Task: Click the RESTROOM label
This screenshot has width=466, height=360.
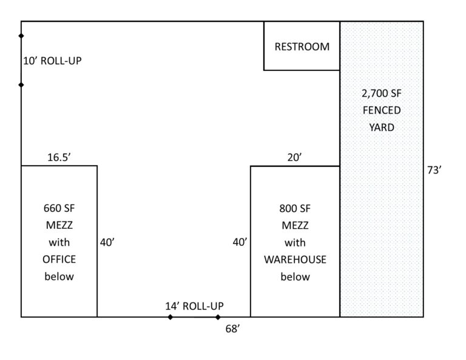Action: point(302,47)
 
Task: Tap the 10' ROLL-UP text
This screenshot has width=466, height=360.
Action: point(52,61)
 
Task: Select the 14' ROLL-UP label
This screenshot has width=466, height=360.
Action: point(194,306)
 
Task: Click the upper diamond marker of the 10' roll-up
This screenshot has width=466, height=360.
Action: point(21,36)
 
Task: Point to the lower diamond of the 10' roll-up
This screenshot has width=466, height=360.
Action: point(21,85)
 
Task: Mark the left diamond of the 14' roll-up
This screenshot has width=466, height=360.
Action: point(170,317)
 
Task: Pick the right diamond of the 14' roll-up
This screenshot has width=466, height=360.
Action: point(218,317)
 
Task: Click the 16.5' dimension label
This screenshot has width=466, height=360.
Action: point(59,157)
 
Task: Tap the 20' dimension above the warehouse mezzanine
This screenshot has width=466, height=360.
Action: point(294,157)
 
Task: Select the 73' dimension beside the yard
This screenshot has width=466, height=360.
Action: point(434,170)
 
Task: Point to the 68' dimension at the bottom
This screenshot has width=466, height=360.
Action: point(233,329)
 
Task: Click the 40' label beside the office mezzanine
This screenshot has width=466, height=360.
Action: point(107,242)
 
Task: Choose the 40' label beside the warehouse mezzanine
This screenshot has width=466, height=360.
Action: point(240,242)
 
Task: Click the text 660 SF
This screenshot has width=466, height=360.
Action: point(59,208)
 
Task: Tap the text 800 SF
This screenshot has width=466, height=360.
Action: point(295,208)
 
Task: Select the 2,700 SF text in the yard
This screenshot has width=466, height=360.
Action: point(382,93)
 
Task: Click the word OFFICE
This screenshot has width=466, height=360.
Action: point(59,259)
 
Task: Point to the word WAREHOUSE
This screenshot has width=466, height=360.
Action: point(295,259)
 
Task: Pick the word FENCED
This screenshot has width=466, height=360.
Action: point(382,110)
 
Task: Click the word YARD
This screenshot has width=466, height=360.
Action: point(382,127)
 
